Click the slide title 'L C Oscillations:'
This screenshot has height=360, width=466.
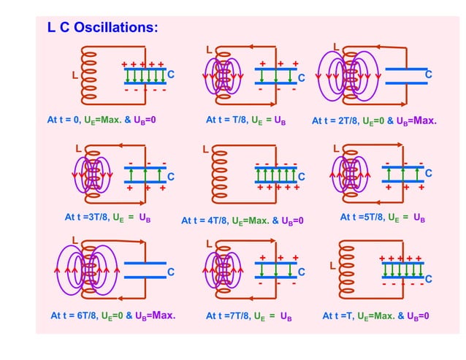coord(102,28)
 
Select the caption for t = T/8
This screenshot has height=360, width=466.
coord(245,119)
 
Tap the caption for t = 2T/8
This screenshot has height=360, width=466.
coord(374,120)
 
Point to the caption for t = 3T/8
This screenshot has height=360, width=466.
coord(107,217)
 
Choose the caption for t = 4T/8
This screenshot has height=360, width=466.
coord(242,220)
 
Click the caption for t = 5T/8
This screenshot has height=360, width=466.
coord(383,217)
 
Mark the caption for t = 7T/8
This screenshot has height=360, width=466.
coord(249,316)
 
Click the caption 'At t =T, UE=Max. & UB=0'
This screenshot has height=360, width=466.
coord(375,316)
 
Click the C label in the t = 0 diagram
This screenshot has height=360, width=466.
coord(171,74)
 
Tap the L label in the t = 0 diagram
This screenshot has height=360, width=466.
coord(74,75)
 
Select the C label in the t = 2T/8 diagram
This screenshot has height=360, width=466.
coord(429,74)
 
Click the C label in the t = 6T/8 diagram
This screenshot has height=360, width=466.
coord(171,272)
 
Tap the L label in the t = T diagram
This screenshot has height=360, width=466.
coord(332,266)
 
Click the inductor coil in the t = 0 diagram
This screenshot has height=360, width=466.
coord(91,75)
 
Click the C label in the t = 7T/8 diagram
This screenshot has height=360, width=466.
coord(300,272)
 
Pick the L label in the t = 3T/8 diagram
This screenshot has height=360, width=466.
coord(79,148)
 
